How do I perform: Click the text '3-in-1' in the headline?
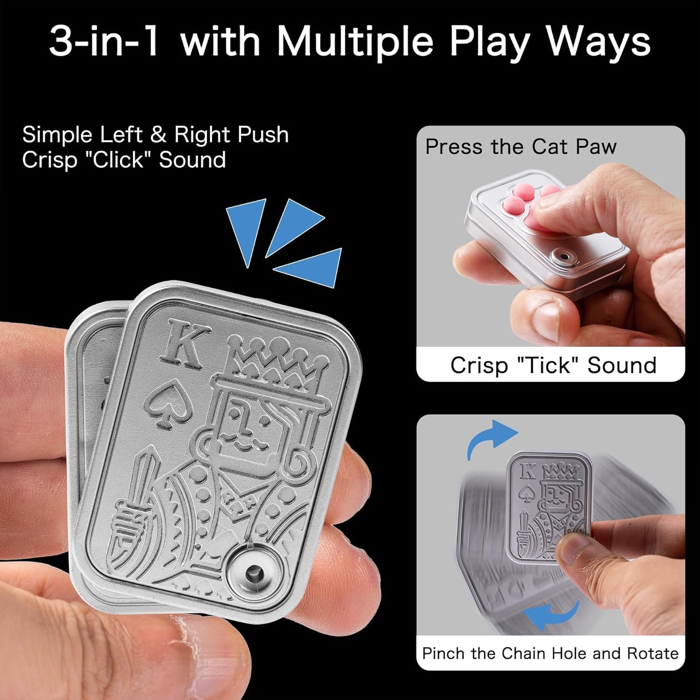105,42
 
